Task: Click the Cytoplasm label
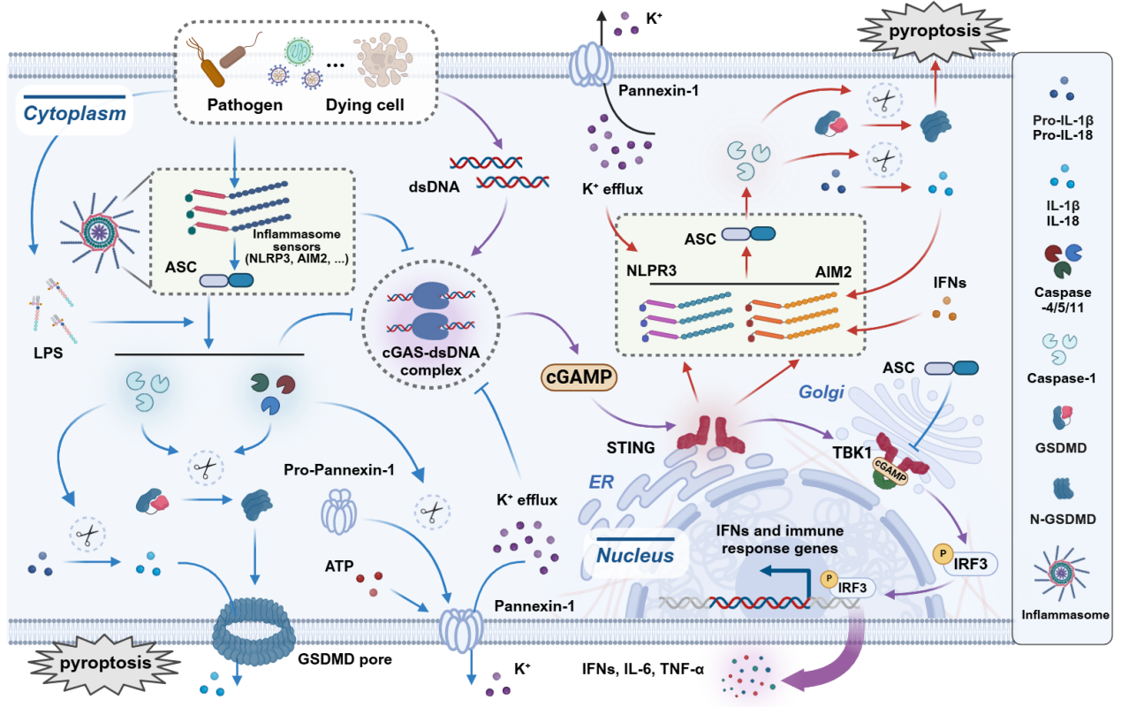[74, 114]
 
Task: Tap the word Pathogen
[245, 105]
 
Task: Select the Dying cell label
[365, 105]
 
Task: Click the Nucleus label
[635, 556]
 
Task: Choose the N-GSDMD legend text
[1064, 519]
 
